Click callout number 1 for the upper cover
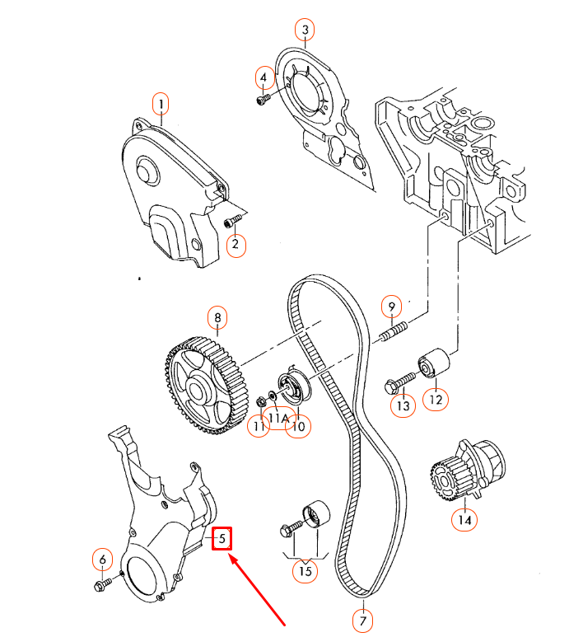(x=161, y=104)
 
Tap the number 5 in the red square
(x=222, y=539)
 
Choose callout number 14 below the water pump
(x=463, y=520)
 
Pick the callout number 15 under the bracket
(x=306, y=570)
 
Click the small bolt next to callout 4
(x=263, y=99)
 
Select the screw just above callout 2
(x=232, y=221)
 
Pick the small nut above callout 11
(x=259, y=403)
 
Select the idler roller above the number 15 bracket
(x=314, y=516)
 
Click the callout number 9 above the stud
(x=393, y=307)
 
